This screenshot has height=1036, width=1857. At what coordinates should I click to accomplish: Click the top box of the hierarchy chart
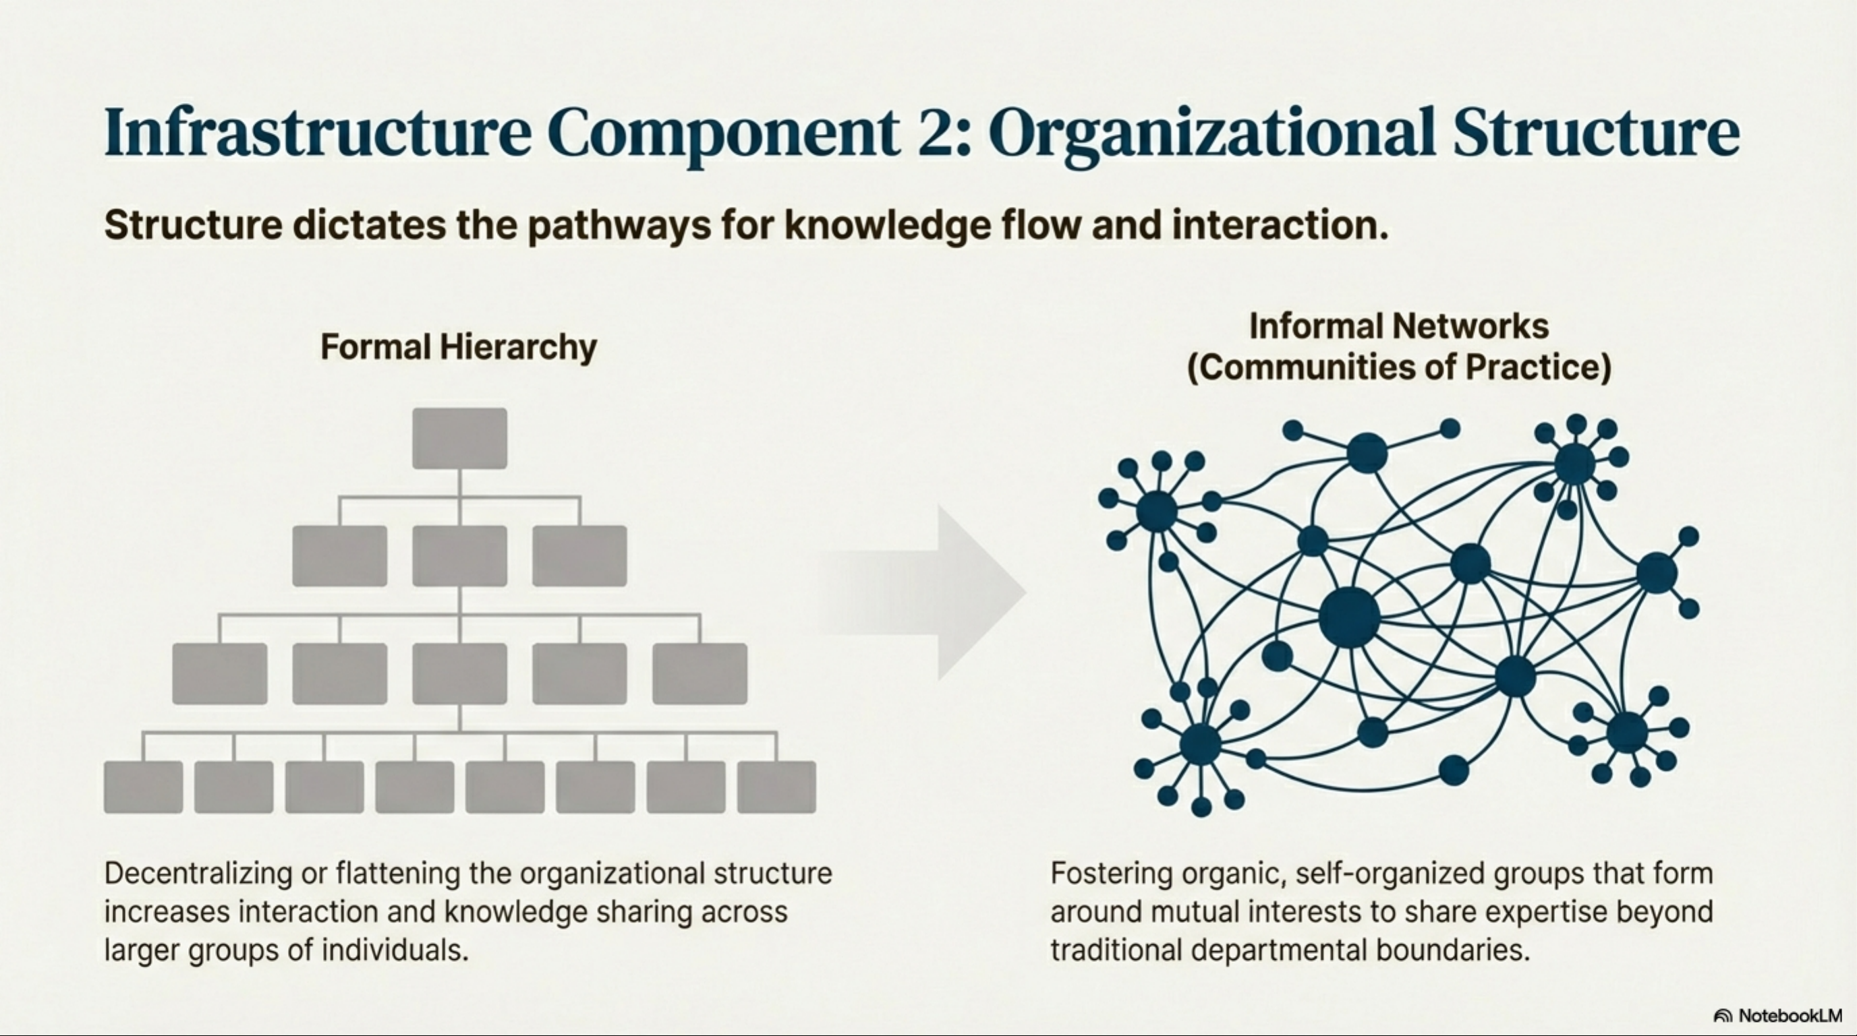pyautogui.click(x=459, y=438)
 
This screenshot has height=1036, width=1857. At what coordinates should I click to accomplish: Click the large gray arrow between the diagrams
pyautogui.click(x=937, y=592)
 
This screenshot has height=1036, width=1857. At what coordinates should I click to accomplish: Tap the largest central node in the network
pyautogui.click(x=1349, y=617)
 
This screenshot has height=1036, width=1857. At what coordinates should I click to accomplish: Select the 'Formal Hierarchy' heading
pyautogui.click(x=459, y=346)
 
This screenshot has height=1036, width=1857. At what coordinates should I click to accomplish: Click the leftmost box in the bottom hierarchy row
pyautogui.click(x=143, y=787)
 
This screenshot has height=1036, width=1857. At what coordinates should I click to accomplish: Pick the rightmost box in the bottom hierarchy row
pyautogui.click(x=776, y=787)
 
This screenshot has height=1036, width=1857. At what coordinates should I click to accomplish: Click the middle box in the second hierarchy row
pyautogui.click(x=459, y=555)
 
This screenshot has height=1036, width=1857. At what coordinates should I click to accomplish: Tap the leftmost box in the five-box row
pyautogui.click(x=219, y=673)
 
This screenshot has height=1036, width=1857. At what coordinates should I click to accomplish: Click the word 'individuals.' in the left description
pyautogui.click(x=395, y=950)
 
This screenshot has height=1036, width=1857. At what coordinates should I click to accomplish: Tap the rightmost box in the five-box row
pyautogui.click(x=699, y=673)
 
